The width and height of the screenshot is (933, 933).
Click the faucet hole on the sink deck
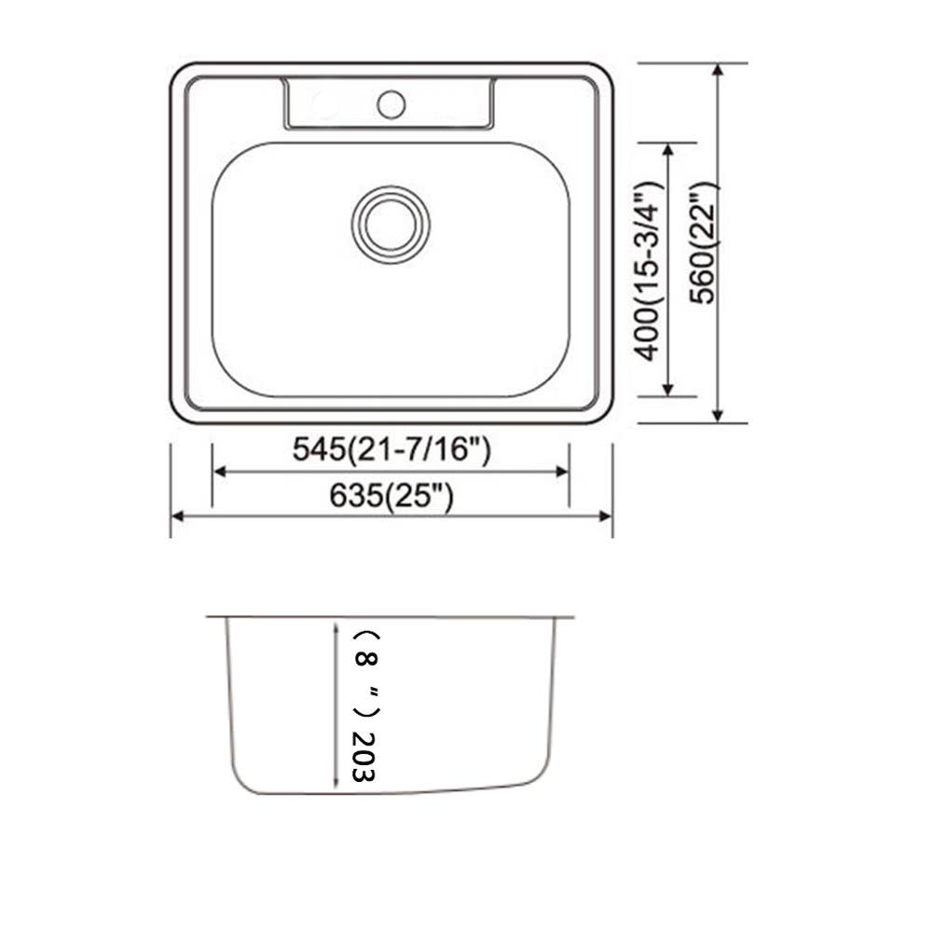(391, 103)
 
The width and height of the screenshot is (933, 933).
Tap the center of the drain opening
(391, 224)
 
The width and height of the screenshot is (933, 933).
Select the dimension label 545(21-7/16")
(391, 450)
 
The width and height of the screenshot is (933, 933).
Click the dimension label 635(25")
(391, 497)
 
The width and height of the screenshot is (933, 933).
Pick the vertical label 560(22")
(706, 242)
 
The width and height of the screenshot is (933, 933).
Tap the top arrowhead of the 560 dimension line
(717, 71)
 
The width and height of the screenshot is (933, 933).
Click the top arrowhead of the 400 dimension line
(667, 150)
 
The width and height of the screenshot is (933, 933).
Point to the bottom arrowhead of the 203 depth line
(336, 787)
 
